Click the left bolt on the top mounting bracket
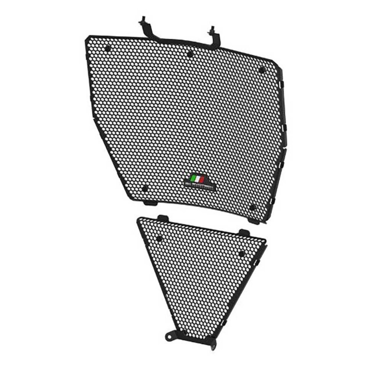[x=143, y=22]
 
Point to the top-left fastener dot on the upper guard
[x=108, y=47]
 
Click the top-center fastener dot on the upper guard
[x=190, y=54]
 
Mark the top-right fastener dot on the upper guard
[x=261, y=70]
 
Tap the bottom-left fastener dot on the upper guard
[x=145, y=188]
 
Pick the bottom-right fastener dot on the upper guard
[x=253, y=207]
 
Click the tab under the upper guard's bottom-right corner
[x=254, y=221]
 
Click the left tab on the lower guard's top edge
[x=164, y=218]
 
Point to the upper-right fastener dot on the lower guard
[x=241, y=253]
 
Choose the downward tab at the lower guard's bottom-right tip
[x=211, y=344]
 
